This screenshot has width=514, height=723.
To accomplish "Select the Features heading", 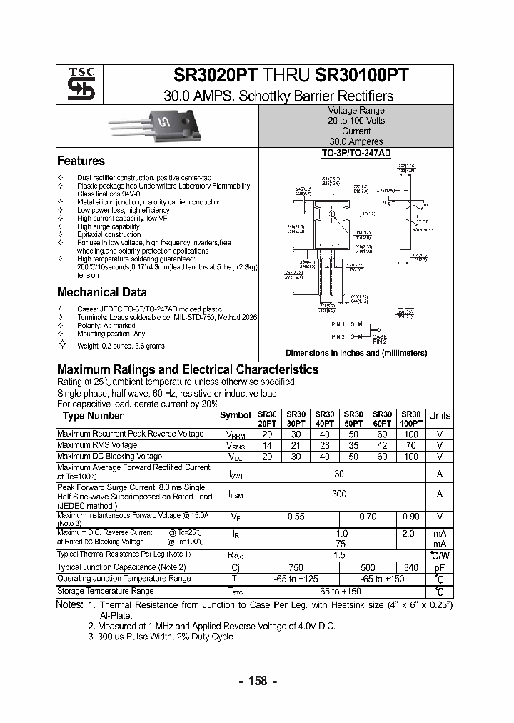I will [x=81, y=161].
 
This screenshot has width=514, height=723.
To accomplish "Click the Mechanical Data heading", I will [x=101, y=292].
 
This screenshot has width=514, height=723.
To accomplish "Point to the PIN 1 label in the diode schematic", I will [x=338, y=324].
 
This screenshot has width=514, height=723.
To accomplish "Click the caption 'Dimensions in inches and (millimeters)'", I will [x=356, y=353].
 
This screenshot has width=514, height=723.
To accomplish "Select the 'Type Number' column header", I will [x=93, y=416].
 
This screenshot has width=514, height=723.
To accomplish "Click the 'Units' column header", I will [x=439, y=415].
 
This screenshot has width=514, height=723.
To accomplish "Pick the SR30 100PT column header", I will [x=411, y=419].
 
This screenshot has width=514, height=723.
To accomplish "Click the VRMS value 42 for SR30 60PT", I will [x=382, y=445].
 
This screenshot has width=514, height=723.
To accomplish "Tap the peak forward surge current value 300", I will [x=339, y=494].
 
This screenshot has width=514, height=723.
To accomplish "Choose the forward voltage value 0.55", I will [x=296, y=516].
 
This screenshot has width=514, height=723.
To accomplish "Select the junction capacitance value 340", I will [x=411, y=567].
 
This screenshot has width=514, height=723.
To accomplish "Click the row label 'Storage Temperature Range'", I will [x=105, y=591].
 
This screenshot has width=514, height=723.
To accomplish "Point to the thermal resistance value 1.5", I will [x=339, y=554].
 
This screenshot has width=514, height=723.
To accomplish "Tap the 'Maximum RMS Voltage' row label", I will [x=96, y=445].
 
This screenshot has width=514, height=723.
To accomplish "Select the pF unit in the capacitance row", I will [x=439, y=567].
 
